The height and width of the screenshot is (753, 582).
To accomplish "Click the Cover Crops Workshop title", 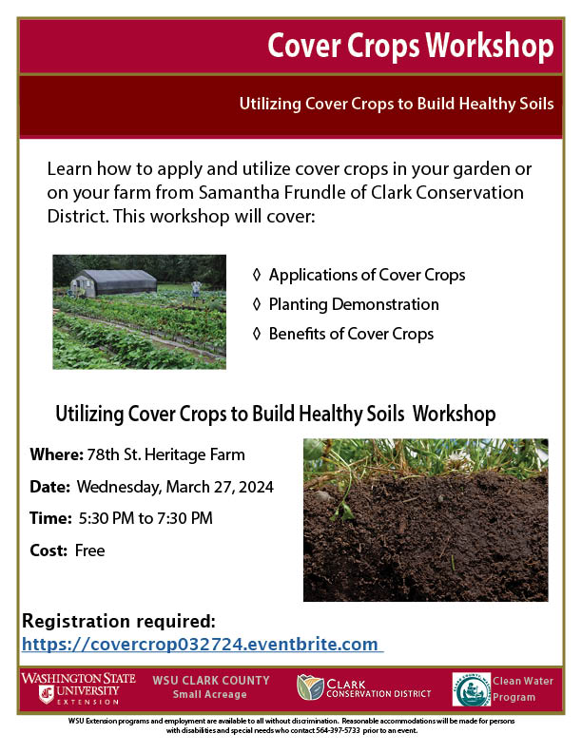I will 410,44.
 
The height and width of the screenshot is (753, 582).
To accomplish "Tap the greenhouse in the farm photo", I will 113,282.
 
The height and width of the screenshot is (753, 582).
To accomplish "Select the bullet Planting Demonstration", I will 353,304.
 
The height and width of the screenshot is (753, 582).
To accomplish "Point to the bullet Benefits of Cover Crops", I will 350,334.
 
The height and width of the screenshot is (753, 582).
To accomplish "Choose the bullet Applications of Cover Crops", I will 366,275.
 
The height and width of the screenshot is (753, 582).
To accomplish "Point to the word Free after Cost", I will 89,550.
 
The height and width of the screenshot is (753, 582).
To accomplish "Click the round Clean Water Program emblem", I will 471,689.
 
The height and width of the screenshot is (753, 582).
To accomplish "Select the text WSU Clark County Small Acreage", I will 210,687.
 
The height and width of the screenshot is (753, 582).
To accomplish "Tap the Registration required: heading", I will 119,622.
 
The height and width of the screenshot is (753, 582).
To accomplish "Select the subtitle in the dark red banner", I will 397,103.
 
